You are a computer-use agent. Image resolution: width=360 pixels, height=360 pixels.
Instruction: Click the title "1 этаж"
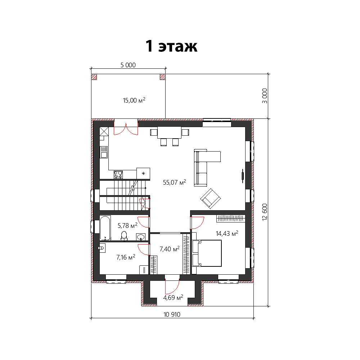pos(171,46)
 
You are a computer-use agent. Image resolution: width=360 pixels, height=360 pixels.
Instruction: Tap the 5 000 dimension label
pos(128,65)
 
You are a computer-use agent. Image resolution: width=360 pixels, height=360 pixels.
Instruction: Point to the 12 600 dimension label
pos(265,212)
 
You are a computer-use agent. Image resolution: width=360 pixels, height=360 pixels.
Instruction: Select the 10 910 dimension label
pos(172,315)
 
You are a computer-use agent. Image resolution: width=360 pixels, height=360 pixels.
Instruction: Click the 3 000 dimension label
pos(265,96)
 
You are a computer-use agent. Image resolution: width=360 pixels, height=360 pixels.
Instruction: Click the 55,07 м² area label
pos(175,182)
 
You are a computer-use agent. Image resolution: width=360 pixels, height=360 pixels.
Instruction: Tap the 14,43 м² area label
pos(227,234)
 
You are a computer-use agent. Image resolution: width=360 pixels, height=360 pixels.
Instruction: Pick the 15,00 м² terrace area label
pos(134,100)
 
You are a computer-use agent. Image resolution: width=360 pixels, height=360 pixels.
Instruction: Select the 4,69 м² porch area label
pos(173,298)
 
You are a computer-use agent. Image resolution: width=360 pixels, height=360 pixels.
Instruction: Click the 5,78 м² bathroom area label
pos(127,225)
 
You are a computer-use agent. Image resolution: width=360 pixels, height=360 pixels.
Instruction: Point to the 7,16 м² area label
pos(126,257)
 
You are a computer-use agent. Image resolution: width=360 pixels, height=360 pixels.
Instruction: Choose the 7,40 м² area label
pos(170,249)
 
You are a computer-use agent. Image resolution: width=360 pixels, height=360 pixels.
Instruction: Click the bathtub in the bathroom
pos(105,228)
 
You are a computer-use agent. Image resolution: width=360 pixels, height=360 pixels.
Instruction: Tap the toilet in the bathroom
pos(124,236)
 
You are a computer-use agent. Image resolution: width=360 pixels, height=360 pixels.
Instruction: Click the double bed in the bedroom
pos(207,253)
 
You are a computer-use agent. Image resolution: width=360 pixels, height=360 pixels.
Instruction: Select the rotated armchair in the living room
pos(211,199)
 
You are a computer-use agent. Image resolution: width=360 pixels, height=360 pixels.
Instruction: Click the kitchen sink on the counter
pos(104,152)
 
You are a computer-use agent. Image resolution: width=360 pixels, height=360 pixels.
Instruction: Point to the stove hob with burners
pos(118,175)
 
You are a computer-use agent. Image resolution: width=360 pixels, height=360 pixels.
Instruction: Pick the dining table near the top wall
pos(170,132)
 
